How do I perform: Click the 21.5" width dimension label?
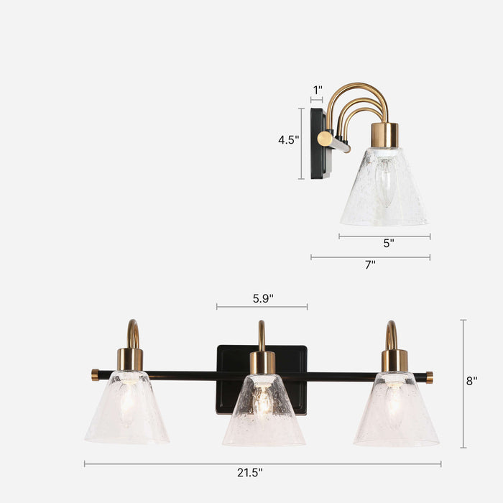(251, 473)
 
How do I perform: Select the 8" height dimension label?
(471, 381)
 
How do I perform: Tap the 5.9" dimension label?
(262, 297)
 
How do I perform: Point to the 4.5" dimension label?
(288, 140)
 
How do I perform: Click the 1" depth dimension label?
(317, 90)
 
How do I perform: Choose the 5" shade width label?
(388, 243)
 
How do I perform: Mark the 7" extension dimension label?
(370, 264)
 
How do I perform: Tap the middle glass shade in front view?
(264, 410)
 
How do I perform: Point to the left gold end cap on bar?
(95, 374)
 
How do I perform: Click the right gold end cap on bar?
(429, 377)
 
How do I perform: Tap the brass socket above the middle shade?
(262, 361)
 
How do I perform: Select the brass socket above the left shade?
(130, 359)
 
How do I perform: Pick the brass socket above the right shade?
(394, 360)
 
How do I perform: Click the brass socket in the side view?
(384, 134)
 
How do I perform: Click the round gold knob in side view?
(325, 138)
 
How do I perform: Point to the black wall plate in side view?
(317, 143)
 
